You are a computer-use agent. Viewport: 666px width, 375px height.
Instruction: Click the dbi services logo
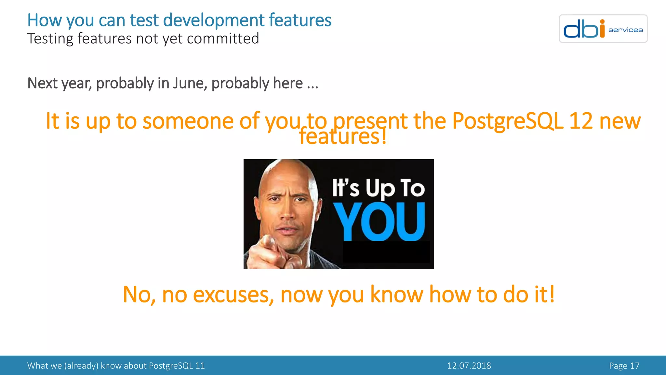(603, 29)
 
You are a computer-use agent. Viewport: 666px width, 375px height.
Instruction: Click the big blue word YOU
(380, 222)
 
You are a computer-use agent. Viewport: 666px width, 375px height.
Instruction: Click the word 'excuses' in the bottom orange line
(233, 295)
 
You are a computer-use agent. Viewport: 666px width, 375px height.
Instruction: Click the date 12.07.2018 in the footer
(469, 366)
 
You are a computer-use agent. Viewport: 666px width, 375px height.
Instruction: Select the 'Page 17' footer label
(624, 366)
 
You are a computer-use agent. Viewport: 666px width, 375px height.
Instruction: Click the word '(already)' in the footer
(81, 366)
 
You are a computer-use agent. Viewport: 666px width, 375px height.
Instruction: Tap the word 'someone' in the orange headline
(188, 121)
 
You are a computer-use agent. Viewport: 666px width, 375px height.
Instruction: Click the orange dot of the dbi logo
(602, 21)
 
